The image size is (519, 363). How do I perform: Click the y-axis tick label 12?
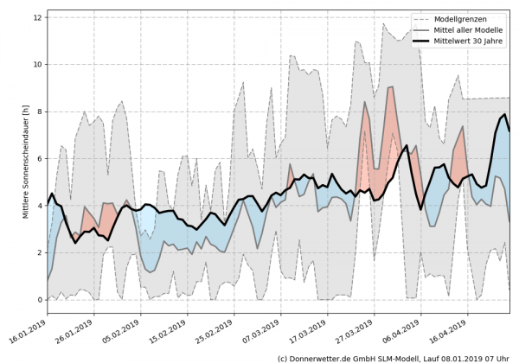tap(37, 17)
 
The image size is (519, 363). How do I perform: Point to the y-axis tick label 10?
tap(37, 65)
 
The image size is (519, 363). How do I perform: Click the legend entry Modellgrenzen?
tap(463, 19)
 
